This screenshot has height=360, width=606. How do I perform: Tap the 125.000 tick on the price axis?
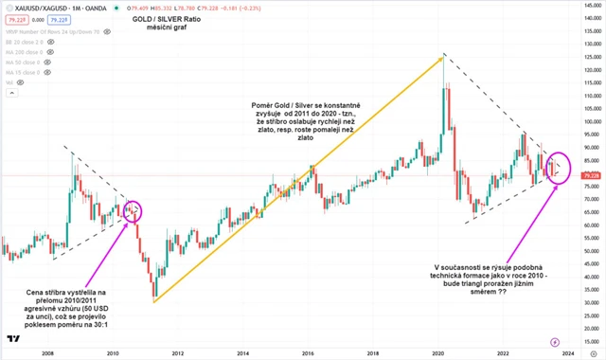(x=588, y=59)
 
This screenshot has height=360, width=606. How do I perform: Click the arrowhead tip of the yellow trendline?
(x=443, y=58)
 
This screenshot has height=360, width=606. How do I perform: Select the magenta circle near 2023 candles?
(x=559, y=169)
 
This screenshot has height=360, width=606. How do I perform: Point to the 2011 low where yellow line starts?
(x=152, y=301)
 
